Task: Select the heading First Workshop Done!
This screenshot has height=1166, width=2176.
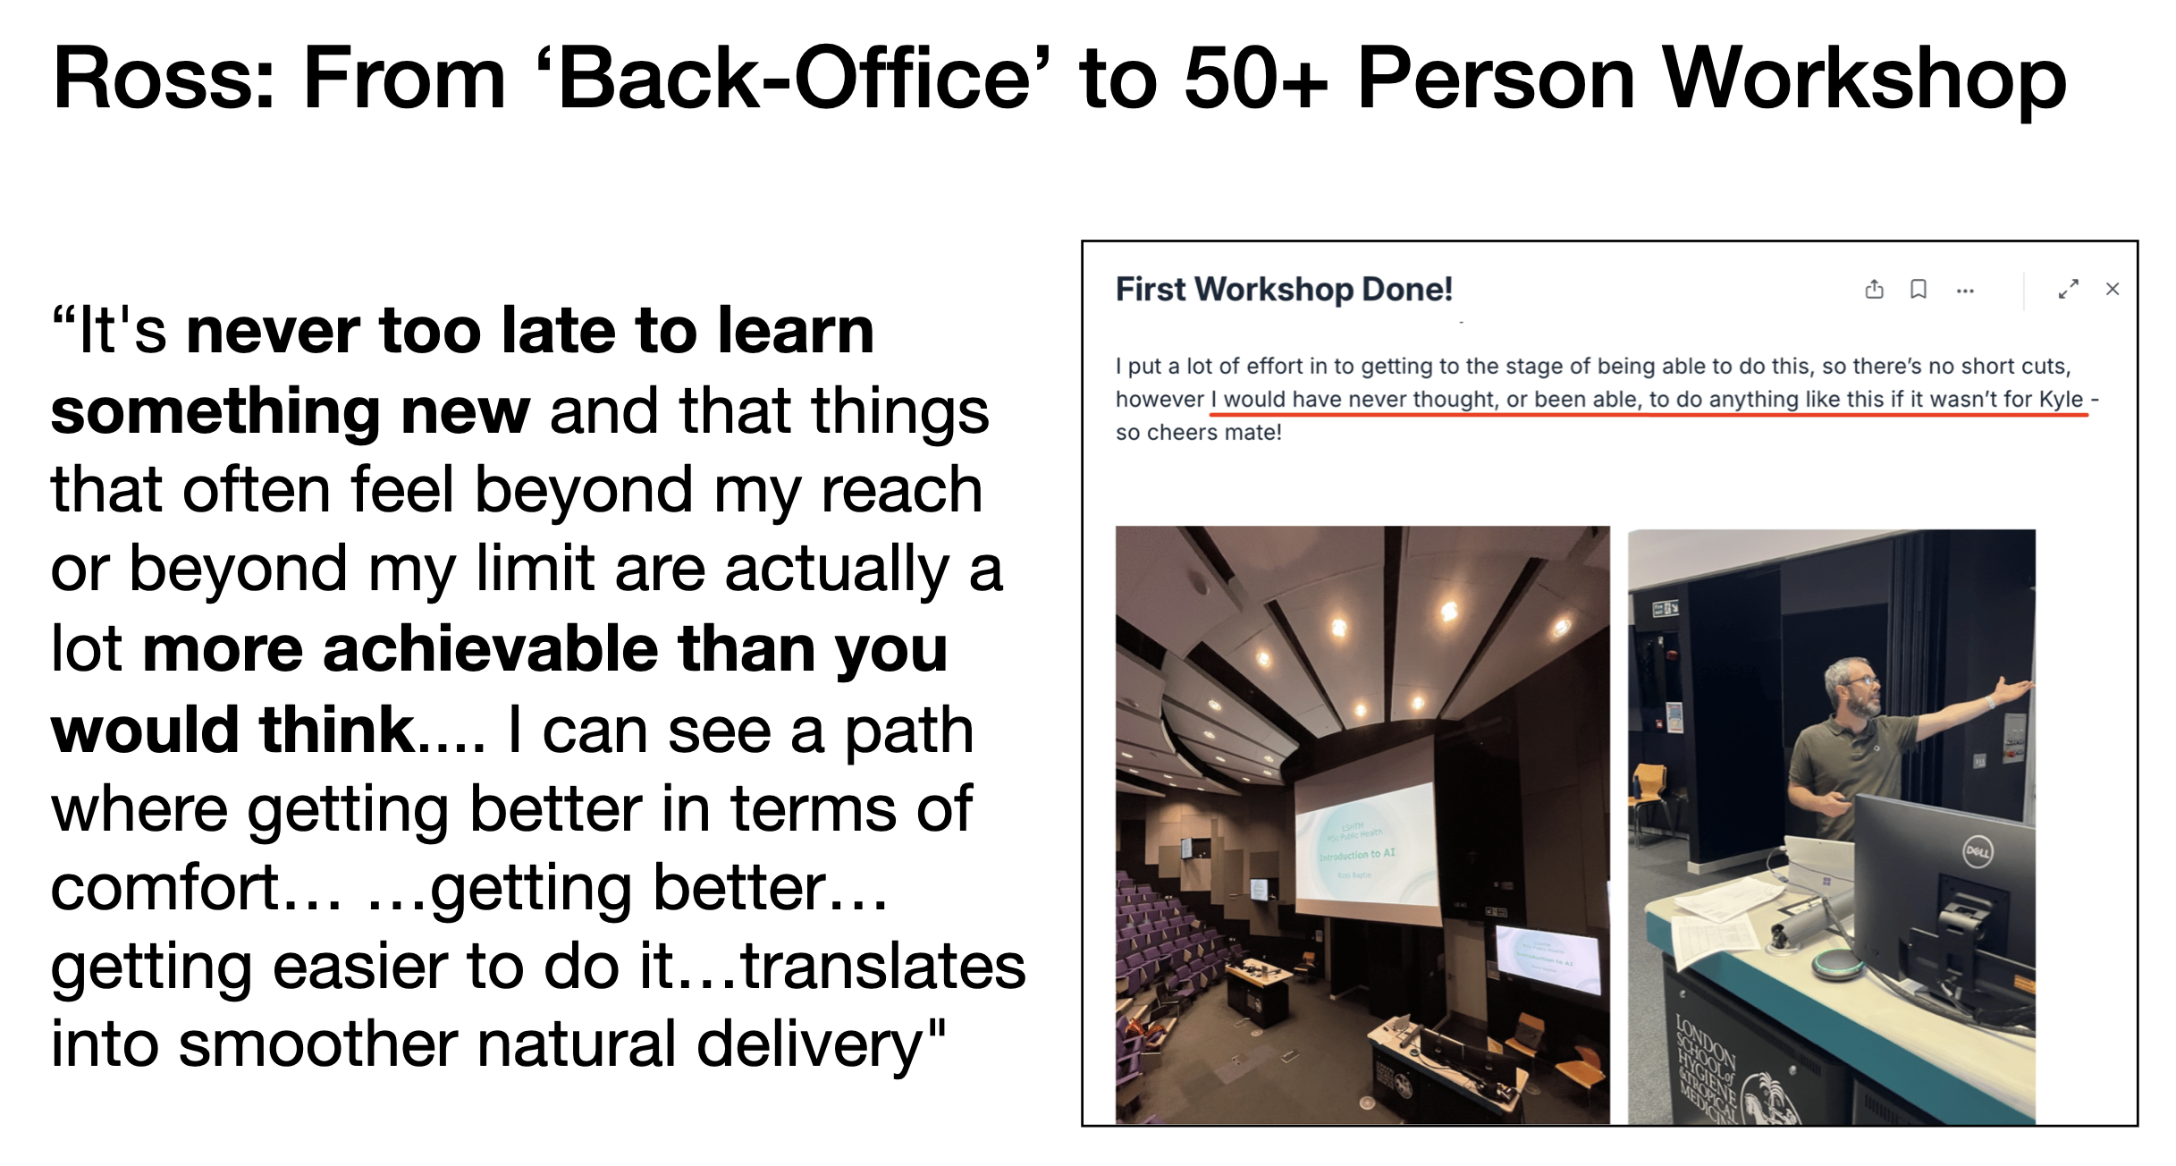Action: tap(1284, 290)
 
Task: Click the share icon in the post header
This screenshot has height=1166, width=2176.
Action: tap(1875, 289)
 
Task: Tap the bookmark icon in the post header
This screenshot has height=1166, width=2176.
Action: tap(1919, 289)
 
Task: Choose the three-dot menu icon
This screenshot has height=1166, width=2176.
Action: tap(1965, 291)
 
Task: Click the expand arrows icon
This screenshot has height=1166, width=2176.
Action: tap(2068, 289)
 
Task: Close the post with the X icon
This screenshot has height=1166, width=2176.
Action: tap(2113, 289)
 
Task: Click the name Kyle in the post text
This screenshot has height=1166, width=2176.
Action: tap(2061, 399)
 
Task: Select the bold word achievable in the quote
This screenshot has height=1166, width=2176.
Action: tap(490, 649)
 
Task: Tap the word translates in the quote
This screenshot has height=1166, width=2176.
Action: tap(883, 967)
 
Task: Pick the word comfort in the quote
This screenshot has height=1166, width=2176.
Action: tap(165, 888)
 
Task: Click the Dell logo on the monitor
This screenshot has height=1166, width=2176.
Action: tap(1977, 851)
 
